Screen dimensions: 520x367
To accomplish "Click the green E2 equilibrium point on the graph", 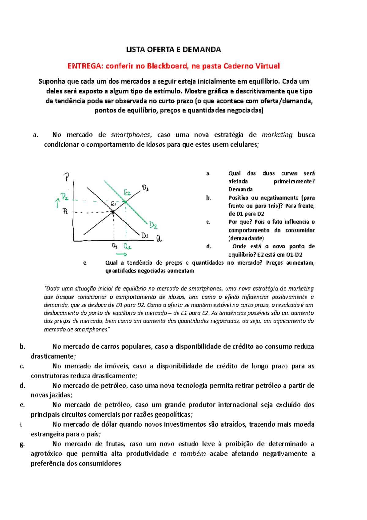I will click(x=126, y=201).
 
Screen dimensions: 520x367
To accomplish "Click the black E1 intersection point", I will click(x=113, y=212).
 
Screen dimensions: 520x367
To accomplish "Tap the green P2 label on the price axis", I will click(x=65, y=197).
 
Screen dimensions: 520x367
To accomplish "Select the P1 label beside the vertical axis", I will click(x=65, y=211).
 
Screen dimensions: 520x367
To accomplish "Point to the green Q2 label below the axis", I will click(x=127, y=247).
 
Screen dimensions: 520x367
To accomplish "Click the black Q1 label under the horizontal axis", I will click(x=115, y=246).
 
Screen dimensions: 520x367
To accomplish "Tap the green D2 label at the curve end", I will click(x=153, y=226).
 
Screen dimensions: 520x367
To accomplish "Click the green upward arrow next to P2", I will click(x=57, y=203).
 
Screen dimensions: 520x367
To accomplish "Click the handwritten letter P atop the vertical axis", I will click(x=66, y=177).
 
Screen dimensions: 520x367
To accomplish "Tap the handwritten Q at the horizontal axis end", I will click(x=159, y=239).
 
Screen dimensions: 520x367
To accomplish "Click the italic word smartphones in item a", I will click(x=131, y=135).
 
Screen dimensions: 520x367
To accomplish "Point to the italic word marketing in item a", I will click(x=277, y=135).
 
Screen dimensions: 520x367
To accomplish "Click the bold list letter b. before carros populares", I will click(x=22, y=347).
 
